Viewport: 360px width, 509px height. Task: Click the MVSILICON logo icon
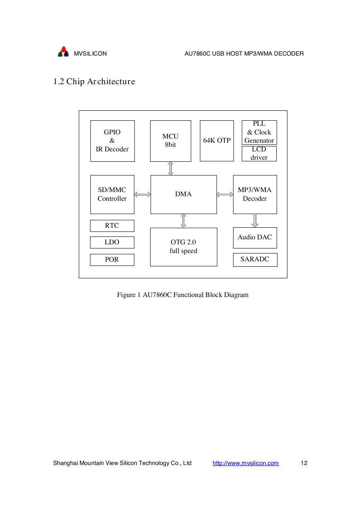(x=63, y=51)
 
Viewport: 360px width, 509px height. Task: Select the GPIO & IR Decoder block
(x=112, y=141)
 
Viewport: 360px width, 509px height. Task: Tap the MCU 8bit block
(x=170, y=141)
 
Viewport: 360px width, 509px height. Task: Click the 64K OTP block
(x=216, y=141)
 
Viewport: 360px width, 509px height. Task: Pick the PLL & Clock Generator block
(x=259, y=132)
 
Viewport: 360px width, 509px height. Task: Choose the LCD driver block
(x=259, y=153)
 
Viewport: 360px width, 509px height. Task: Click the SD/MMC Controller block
(x=112, y=194)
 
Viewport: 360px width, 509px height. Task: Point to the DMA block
(x=183, y=194)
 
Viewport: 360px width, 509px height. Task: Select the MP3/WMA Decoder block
(x=255, y=194)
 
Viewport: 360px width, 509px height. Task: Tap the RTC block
(x=112, y=226)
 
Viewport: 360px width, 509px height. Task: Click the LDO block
(x=112, y=242)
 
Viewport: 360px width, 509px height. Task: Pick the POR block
(x=112, y=260)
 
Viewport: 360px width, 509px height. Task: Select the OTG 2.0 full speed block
(x=183, y=247)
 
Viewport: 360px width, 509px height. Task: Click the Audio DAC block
(x=255, y=238)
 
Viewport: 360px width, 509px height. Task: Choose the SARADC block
(x=255, y=260)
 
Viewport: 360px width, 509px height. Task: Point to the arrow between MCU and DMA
(x=170, y=168)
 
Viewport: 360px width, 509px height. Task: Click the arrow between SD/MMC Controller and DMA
(x=142, y=195)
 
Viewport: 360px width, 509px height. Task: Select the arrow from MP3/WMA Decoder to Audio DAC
(x=255, y=221)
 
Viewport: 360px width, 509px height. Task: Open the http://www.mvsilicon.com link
(x=246, y=463)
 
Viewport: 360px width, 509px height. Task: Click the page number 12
(x=304, y=463)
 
